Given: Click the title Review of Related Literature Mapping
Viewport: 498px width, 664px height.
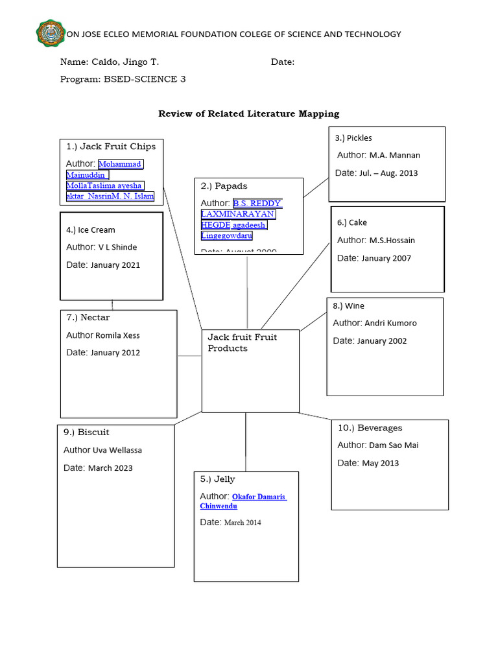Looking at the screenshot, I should (249, 113).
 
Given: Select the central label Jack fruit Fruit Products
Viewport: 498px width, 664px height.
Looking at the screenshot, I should (242, 342).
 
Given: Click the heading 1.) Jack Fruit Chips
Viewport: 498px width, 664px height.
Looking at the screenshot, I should (111, 147).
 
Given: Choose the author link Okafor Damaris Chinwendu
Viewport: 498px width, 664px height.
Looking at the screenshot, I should (243, 501).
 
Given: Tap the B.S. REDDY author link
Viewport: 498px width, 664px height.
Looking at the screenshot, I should (257, 204).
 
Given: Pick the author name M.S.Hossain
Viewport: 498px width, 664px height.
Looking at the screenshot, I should (392, 241).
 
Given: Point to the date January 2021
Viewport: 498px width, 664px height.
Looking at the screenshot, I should (115, 265).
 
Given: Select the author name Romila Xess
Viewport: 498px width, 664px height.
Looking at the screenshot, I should (117, 336).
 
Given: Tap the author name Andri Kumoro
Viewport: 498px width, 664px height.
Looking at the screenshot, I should (390, 323).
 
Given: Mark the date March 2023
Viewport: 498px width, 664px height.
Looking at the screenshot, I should (110, 468).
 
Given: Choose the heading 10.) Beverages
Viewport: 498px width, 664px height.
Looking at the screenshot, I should (370, 428).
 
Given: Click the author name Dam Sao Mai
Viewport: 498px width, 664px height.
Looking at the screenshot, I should (394, 445).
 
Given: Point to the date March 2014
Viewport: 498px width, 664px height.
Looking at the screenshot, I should (243, 523).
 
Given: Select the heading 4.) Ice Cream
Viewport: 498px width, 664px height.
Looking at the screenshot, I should (91, 230).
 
